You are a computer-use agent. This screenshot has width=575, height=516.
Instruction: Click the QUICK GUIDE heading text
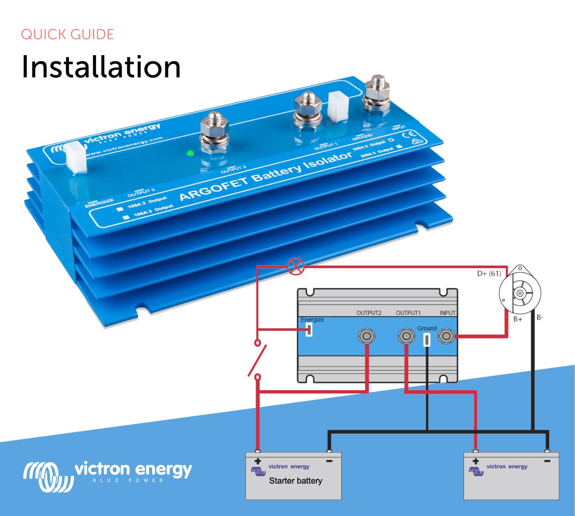(x=67, y=35)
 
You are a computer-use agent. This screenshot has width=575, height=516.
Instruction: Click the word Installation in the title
(x=101, y=67)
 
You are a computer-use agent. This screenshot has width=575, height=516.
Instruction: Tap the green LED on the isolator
(x=190, y=153)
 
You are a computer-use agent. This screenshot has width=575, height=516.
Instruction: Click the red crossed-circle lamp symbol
(x=296, y=266)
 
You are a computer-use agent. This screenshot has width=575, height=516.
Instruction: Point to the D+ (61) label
(x=489, y=274)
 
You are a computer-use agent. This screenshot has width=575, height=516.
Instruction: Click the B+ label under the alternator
(x=518, y=319)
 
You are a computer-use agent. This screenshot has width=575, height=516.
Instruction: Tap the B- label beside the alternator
(x=540, y=317)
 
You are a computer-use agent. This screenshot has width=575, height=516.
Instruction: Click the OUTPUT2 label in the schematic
(x=369, y=313)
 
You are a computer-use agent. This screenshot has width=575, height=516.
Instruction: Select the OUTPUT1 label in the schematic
(x=408, y=313)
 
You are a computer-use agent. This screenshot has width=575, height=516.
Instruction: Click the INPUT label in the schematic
(x=447, y=313)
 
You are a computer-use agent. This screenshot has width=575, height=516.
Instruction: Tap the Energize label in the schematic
(x=312, y=320)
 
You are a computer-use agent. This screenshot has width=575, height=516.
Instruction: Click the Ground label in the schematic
(x=427, y=328)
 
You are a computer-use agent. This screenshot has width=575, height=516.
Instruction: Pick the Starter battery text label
(x=296, y=481)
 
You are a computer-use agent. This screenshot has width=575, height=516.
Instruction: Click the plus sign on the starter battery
(x=258, y=461)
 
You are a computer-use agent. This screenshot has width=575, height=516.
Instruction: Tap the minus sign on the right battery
(x=547, y=461)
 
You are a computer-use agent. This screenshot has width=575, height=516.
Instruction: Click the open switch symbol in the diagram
(x=258, y=359)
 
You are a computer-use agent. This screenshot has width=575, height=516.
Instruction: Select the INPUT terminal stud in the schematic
(x=446, y=336)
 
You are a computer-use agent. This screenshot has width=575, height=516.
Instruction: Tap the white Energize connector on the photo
(x=76, y=157)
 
